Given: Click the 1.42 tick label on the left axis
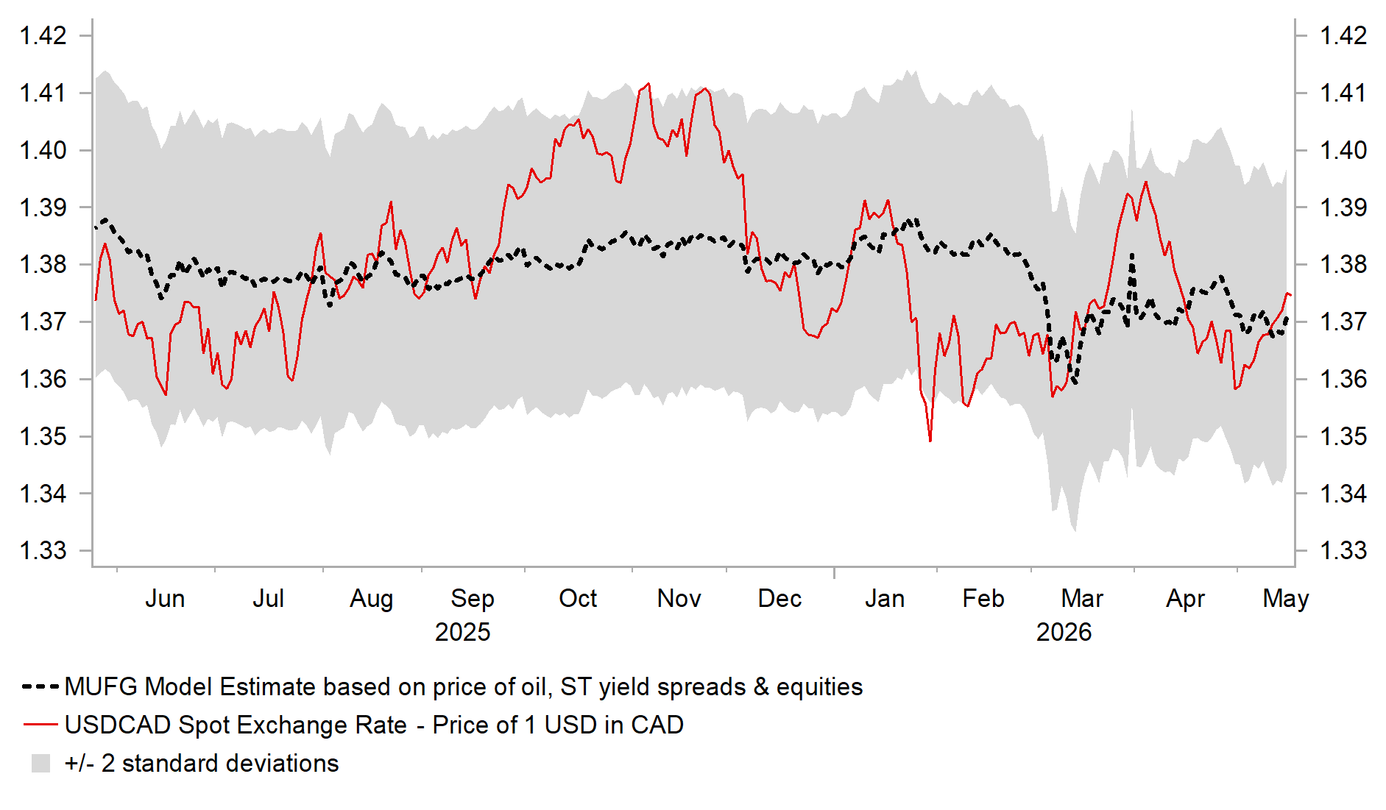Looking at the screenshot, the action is (x=43, y=35).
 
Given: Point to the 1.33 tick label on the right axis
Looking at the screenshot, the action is (x=1343, y=550).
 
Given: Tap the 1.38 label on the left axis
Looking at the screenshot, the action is (x=43, y=264).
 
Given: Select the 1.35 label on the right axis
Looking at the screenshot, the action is (x=1343, y=436).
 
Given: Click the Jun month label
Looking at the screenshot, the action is (x=165, y=598).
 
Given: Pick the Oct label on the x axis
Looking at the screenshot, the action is (x=578, y=598).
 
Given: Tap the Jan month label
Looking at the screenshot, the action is (x=885, y=598).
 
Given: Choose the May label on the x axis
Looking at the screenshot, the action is (x=1286, y=599).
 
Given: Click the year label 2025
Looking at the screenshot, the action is (x=462, y=632).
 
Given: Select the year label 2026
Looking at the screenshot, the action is (x=1064, y=632).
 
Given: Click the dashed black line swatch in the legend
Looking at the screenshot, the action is (x=40, y=687).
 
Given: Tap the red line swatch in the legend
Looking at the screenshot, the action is (x=40, y=725).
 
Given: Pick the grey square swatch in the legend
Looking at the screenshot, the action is (x=41, y=763).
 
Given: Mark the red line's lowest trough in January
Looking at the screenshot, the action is (x=930, y=441).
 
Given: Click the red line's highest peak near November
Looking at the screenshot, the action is (x=648, y=84).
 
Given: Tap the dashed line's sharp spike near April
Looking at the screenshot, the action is (x=1131, y=255).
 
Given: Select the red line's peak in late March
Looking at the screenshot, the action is (x=1146, y=182).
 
